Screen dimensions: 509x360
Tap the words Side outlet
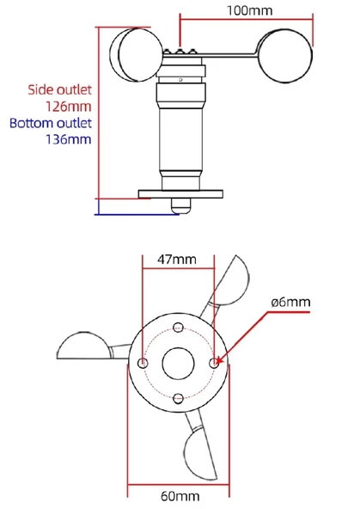(59, 89)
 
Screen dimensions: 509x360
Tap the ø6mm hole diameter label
(290, 303)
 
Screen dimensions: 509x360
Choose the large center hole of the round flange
(179, 362)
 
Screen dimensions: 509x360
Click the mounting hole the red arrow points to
(214, 363)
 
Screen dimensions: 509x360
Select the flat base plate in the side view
(180, 193)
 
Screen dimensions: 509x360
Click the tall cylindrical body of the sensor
(180, 138)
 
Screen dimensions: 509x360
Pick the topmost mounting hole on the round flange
(178, 327)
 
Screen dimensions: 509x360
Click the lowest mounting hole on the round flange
(178, 398)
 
